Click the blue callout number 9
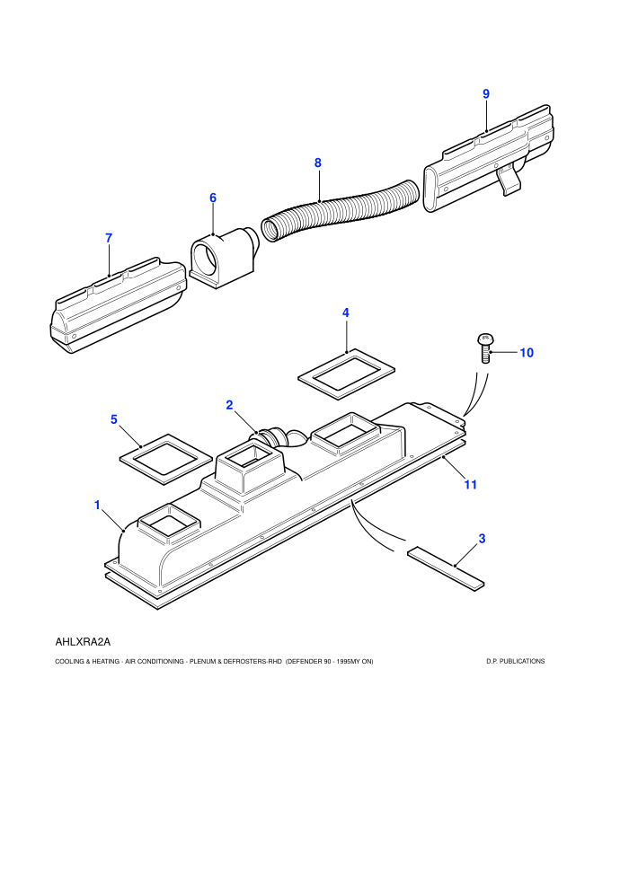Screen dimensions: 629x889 click(486, 94)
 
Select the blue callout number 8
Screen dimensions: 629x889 click(317, 163)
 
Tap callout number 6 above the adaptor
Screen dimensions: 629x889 click(213, 198)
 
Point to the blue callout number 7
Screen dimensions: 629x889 click(109, 239)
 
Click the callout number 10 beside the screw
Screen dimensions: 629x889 click(527, 353)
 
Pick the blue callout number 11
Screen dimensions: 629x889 click(470, 485)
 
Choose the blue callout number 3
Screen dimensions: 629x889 click(483, 539)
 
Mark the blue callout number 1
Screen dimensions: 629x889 click(97, 506)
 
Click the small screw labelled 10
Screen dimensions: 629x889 click(484, 348)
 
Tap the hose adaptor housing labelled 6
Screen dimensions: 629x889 click(224, 257)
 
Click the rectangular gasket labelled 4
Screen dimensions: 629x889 click(346, 374)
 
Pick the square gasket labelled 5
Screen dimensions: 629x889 click(165, 459)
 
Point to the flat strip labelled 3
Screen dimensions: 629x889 click(446, 568)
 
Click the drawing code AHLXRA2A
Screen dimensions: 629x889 click(83, 642)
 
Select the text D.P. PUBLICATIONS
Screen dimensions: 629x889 click(516, 661)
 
